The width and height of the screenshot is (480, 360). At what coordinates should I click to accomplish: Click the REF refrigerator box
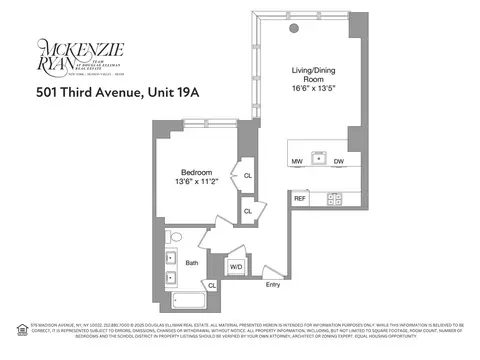pos(300,198)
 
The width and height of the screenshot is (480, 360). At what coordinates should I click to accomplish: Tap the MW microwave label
pos(297,160)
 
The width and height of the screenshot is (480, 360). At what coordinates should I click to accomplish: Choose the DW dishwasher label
pos(340,160)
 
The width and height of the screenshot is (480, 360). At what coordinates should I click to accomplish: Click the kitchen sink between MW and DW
pos(318,157)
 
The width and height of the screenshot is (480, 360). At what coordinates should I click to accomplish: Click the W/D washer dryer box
pos(236,266)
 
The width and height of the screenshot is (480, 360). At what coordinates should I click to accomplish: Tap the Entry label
pos(272,285)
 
